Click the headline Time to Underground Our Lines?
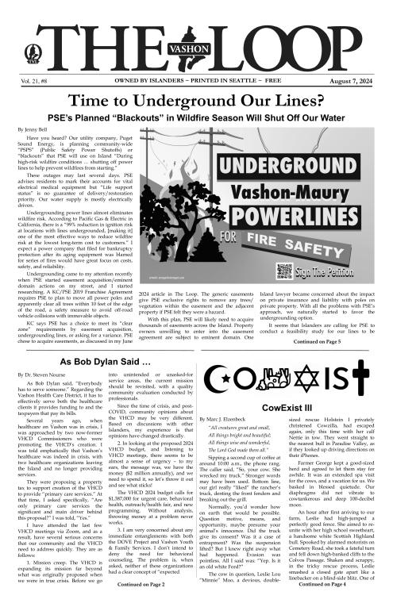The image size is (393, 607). (x=196, y=101)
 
